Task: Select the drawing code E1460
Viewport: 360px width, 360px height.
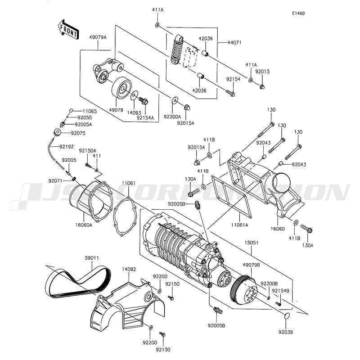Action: tap(298, 13)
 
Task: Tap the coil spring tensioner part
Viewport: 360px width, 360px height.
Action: tap(177, 49)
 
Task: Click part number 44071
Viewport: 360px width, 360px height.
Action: tap(234, 42)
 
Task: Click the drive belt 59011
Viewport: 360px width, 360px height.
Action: tap(78, 283)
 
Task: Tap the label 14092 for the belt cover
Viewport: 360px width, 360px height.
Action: tap(129, 269)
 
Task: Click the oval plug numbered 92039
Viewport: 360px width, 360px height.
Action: tap(286, 316)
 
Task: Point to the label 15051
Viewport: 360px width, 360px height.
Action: tap(251, 243)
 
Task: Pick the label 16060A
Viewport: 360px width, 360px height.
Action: tap(84, 225)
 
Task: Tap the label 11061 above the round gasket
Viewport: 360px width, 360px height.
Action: tap(129, 184)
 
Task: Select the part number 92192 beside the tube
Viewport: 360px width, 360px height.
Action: tap(67, 147)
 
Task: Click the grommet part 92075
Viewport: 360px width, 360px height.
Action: tap(57, 132)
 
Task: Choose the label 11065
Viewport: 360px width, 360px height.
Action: tap(90, 112)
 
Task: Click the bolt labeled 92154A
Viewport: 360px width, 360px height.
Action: tap(144, 101)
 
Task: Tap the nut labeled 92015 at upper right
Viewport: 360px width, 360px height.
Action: tap(262, 87)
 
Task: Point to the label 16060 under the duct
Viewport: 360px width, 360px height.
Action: tap(277, 229)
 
